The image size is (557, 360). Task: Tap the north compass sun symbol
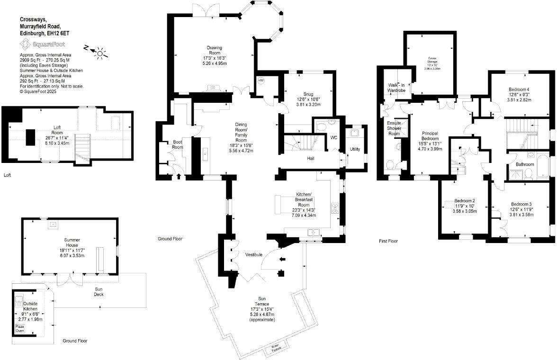tap(100, 53)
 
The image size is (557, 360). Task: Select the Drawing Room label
tap(214, 50)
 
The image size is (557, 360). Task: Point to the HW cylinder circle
tap(261, 81)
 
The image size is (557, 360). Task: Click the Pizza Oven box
tap(19, 328)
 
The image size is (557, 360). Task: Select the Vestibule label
tap(253, 255)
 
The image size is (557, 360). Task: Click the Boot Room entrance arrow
tap(179, 177)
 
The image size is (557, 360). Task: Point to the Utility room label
tap(355, 149)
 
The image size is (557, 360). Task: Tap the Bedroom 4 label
tap(519, 90)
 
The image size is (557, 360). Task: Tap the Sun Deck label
tap(99, 292)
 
